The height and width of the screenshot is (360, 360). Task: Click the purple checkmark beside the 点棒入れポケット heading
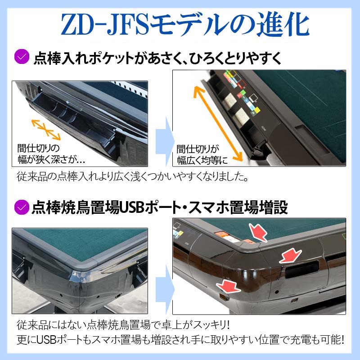[21, 58]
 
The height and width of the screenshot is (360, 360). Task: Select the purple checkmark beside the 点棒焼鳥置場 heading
[21, 207]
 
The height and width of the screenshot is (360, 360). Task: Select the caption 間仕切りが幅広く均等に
[202, 154]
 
